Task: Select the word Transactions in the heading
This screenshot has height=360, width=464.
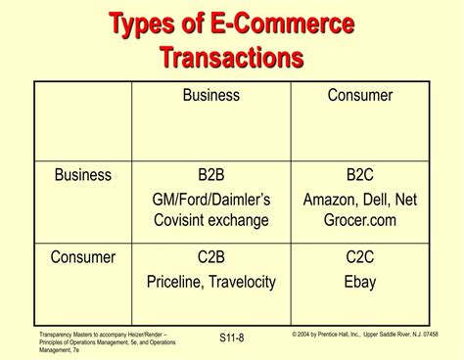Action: click(x=231, y=58)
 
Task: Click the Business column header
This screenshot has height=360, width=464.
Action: click(x=210, y=95)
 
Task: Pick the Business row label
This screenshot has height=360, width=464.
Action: click(x=83, y=176)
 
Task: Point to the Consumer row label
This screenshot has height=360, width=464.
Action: click(x=83, y=258)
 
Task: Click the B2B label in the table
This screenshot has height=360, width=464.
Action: click(x=211, y=176)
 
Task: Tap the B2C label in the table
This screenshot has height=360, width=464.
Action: click(x=360, y=176)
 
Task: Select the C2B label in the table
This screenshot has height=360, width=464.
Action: click(x=211, y=258)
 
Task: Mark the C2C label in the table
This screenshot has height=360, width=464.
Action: click(x=360, y=258)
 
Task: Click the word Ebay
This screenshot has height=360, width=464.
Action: click(x=360, y=282)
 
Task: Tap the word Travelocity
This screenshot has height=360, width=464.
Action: click(x=243, y=282)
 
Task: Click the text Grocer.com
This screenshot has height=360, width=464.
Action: click(x=360, y=220)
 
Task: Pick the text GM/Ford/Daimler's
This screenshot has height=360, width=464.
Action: click(x=211, y=200)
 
